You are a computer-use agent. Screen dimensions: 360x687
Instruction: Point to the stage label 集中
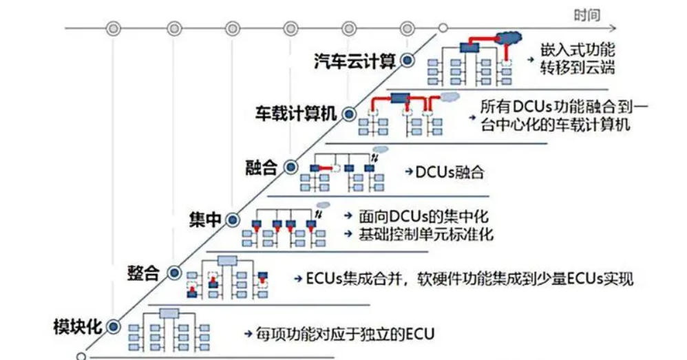[x=205, y=219]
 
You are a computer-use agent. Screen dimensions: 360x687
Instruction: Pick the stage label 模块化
[x=78, y=325]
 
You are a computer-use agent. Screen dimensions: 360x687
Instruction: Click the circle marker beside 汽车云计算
[x=407, y=61]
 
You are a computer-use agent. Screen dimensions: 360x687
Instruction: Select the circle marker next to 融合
[x=291, y=166]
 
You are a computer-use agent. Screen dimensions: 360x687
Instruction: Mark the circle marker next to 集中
[x=233, y=219]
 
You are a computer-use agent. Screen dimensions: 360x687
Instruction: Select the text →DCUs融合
[x=444, y=171]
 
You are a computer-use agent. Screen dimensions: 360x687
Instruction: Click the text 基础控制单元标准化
[x=425, y=234]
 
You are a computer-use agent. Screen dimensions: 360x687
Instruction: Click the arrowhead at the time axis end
[x=615, y=29]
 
